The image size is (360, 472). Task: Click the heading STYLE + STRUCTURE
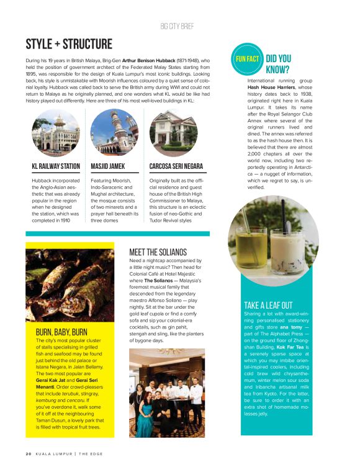point(69,45)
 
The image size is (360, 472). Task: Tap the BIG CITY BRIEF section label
point(181,27)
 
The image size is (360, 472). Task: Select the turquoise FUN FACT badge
point(246,58)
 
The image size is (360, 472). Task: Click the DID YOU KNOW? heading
point(279,64)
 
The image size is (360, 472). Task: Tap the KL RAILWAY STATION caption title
point(56,166)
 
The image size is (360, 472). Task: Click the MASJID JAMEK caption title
point(108,166)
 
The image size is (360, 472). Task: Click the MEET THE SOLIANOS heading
point(158,252)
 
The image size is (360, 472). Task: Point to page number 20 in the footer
point(29,453)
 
